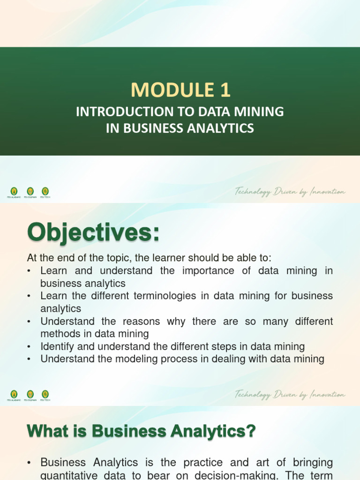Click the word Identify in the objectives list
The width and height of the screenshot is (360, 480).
coord(57,347)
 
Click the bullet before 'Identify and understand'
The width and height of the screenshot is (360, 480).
coord(29,347)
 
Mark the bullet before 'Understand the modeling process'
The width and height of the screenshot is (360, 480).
coord(29,360)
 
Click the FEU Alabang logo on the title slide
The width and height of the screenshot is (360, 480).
coord(14,191)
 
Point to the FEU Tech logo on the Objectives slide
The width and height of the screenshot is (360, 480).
coord(45,394)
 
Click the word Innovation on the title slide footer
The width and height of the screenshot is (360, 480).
coord(327,192)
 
